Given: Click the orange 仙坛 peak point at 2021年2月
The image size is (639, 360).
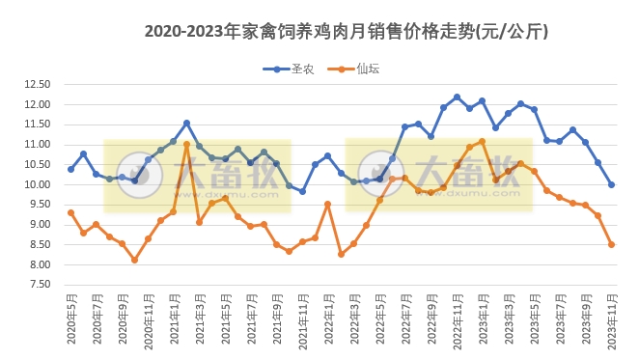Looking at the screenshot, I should click(x=186, y=144).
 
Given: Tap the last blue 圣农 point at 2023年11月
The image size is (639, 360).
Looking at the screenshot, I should click(x=611, y=184).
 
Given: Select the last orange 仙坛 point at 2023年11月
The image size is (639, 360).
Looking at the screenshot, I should click(x=611, y=244).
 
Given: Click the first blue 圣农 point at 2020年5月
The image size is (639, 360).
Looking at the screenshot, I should click(x=70, y=169).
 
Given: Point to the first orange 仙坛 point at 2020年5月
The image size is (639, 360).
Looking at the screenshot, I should click(x=70, y=212).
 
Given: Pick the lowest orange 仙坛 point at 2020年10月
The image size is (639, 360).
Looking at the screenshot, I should click(x=135, y=260).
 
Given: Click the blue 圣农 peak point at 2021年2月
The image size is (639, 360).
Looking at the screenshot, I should click(x=186, y=123).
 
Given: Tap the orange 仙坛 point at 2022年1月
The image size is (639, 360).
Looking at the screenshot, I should click(x=328, y=204).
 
